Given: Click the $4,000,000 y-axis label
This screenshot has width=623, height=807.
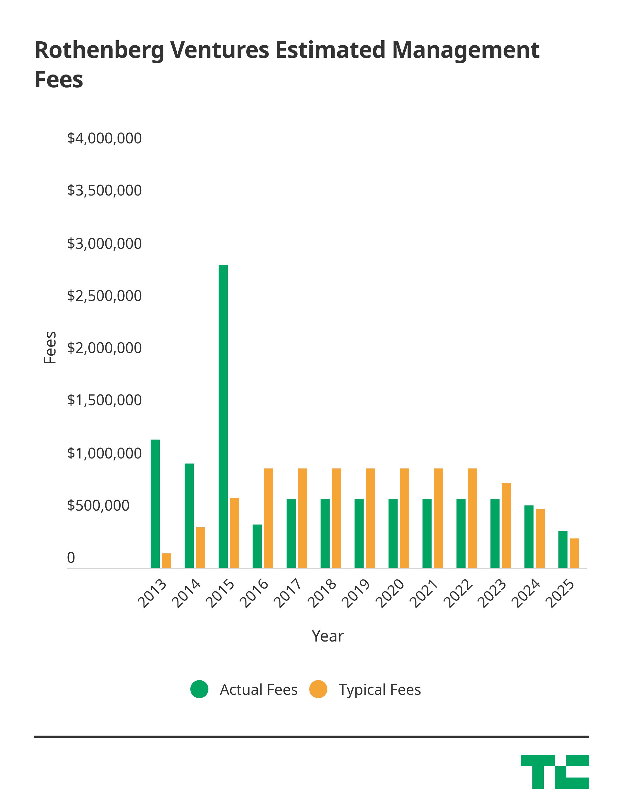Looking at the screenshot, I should pos(104,138).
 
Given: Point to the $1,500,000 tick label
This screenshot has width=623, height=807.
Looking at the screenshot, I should pos(104,400).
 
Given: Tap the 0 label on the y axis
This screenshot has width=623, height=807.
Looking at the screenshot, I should pos(71,558).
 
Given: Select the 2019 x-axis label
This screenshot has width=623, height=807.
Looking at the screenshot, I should pos(356,593).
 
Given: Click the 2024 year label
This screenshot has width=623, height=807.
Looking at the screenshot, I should pos(526,593).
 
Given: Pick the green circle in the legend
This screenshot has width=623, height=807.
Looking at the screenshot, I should pos(199,689).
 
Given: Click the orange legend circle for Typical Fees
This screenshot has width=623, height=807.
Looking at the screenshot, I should pos(318,689).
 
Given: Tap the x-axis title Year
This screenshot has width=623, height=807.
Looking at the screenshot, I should pos(328,636).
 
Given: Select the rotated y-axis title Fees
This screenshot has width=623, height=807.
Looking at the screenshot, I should pos(50,348).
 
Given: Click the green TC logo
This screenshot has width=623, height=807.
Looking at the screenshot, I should pos(555,772).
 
